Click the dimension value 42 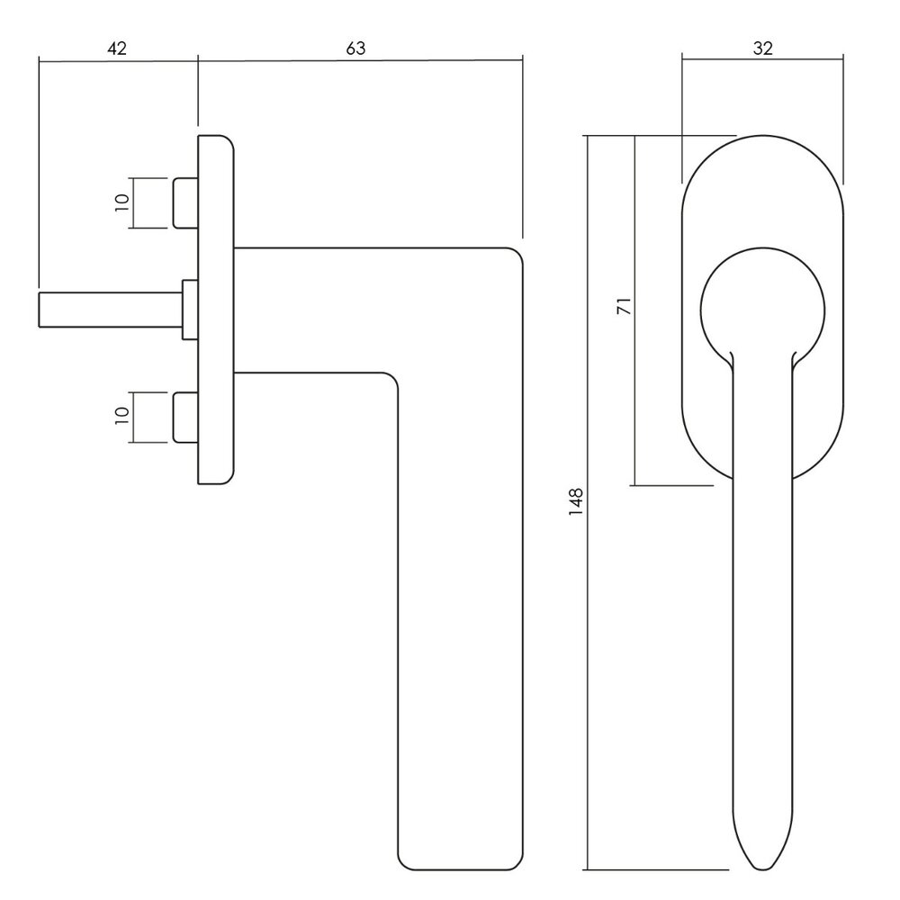pos(117,49)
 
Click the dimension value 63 pos(356,49)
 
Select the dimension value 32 pos(762,49)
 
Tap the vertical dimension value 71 pos(622,305)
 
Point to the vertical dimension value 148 pos(576,500)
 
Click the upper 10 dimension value pos(123,203)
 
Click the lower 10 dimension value pos(123,417)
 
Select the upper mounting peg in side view pos(184,203)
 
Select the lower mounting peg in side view pos(184,417)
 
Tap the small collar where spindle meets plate pos(190,310)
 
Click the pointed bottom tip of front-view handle pos(762,866)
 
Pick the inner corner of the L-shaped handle pos(391,377)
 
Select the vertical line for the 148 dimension pos(588,630)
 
